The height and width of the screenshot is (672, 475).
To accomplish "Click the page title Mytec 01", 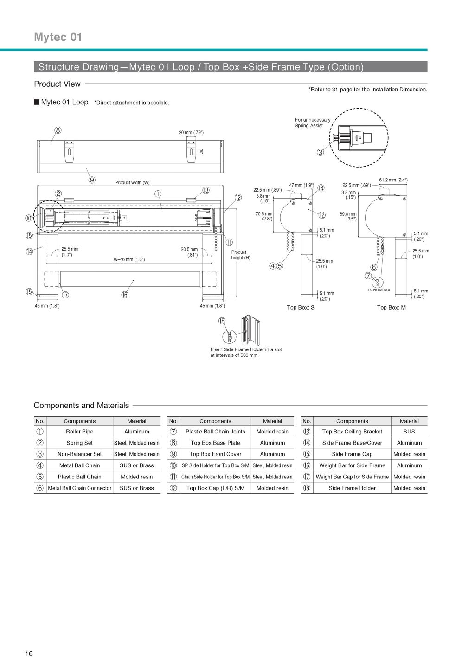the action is point(58,37).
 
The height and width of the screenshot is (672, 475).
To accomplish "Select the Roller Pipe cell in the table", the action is point(79,432).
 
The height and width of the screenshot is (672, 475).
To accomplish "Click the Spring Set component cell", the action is point(79,443).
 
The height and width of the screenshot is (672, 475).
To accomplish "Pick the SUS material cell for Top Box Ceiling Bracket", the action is point(409,432).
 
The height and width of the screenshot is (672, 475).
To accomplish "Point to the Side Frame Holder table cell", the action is point(352,488).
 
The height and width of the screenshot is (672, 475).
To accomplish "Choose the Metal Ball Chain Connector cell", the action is point(79,488).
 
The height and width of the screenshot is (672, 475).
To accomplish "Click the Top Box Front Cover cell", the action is point(215,454).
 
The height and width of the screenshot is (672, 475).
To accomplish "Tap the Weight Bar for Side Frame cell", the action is point(352,465).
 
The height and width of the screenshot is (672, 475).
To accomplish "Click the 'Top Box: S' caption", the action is point(301,308).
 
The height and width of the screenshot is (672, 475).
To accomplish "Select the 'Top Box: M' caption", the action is point(392,308).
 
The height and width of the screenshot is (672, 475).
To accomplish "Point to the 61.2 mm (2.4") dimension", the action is point(393,180).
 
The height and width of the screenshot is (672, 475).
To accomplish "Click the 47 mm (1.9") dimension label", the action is point(302,185).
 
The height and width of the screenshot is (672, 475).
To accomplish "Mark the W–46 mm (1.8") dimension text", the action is point(129,259).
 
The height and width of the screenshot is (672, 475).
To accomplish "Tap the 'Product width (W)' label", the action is point(132,182).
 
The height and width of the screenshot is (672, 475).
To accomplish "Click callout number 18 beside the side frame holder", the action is point(222,321).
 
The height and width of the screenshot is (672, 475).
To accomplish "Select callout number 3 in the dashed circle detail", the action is point(321,152).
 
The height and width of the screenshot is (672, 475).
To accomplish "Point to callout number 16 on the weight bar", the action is point(125,295).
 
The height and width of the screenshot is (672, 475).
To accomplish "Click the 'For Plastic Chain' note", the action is point(379,290).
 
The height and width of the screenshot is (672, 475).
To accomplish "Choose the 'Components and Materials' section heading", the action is point(81,405).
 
